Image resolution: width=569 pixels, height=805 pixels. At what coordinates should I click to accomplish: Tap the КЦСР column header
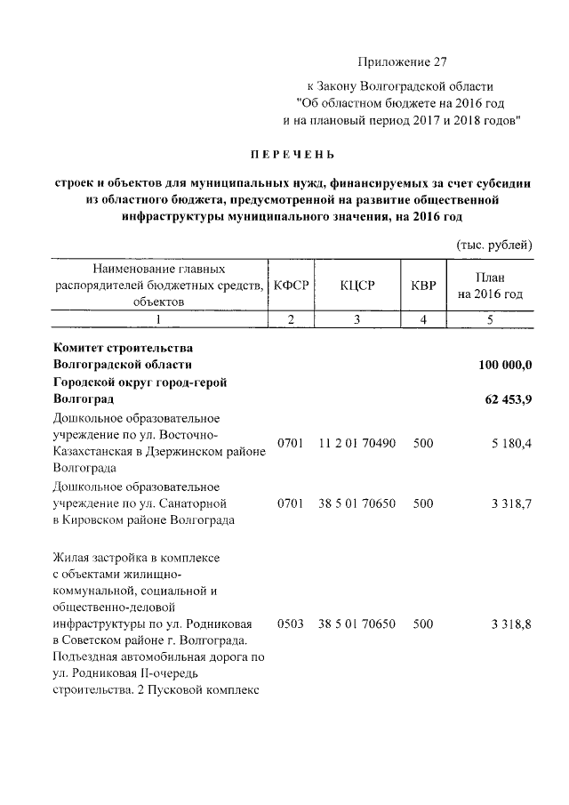tap(357, 285)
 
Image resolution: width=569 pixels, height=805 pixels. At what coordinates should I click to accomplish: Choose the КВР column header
tap(423, 285)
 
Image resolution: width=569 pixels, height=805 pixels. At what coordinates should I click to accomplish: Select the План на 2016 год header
tap(490, 285)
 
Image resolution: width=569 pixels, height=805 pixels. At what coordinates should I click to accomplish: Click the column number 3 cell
tap(357, 319)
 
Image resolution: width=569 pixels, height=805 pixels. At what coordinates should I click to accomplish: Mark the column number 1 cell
tap(159, 319)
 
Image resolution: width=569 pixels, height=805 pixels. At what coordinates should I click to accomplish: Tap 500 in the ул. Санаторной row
tap(423, 503)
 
